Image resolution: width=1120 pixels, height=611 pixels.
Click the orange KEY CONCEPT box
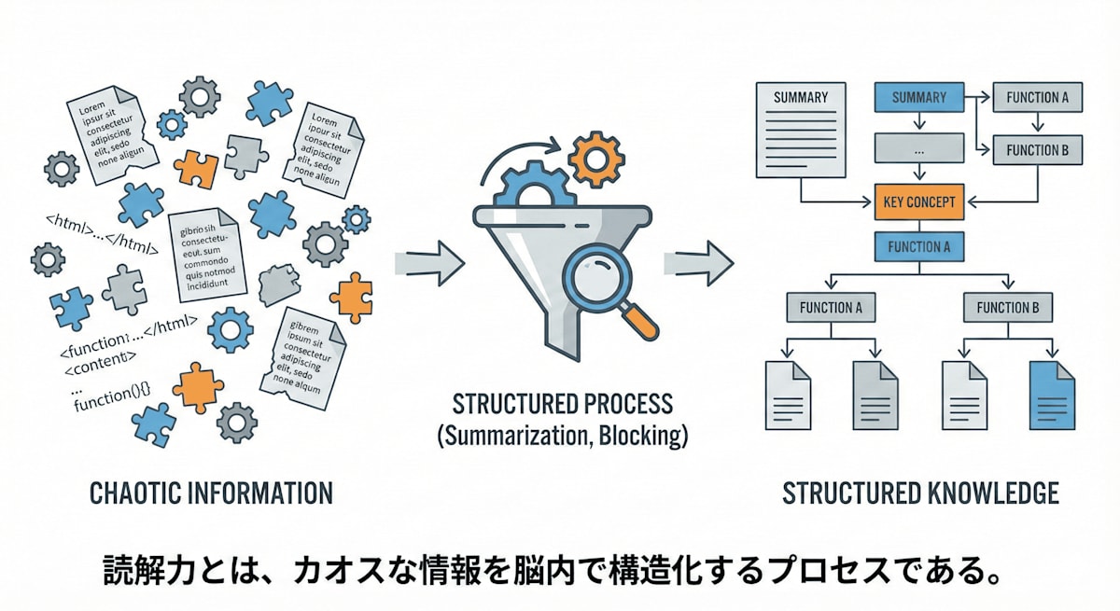pos(919,201)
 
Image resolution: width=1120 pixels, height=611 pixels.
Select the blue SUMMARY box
pos(919,97)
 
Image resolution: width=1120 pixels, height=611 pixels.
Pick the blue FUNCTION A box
pos(919,246)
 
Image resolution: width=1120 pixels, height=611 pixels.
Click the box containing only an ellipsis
pos(919,148)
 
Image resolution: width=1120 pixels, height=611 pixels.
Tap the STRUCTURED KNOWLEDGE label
pos(920,492)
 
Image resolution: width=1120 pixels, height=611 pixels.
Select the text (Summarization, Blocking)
pos(562,436)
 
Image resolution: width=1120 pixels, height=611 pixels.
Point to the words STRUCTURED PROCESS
pos(562,405)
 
